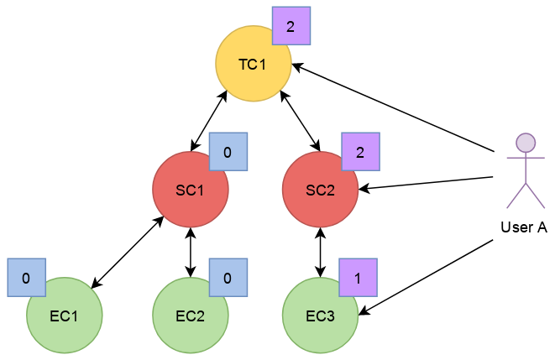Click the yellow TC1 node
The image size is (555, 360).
tap(254, 64)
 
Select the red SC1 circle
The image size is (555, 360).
tap(191, 190)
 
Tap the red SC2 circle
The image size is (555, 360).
tap(321, 190)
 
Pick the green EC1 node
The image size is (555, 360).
tap(65, 316)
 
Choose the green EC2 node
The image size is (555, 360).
tap(191, 316)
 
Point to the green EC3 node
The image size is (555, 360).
tap(321, 316)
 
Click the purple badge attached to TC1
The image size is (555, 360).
tap(291, 26)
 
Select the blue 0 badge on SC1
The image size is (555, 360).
tap(228, 152)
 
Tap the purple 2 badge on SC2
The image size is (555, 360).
tap(361, 152)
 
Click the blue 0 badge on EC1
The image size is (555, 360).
tap(27, 278)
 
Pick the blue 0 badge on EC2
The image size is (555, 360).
tap(228, 278)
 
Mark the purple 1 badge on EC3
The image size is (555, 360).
tap(359, 278)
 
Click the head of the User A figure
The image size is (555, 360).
tap(526, 143)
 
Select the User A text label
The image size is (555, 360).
tap(524, 227)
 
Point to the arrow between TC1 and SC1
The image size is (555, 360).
tap(209, 121)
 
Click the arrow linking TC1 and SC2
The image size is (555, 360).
tap(300, 121)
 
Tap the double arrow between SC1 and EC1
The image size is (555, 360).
tap(128, 252)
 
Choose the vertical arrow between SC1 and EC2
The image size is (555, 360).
tap(191, 253)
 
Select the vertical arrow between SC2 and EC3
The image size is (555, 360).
tap(321, 253)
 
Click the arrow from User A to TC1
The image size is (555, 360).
tap(393, 108)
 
